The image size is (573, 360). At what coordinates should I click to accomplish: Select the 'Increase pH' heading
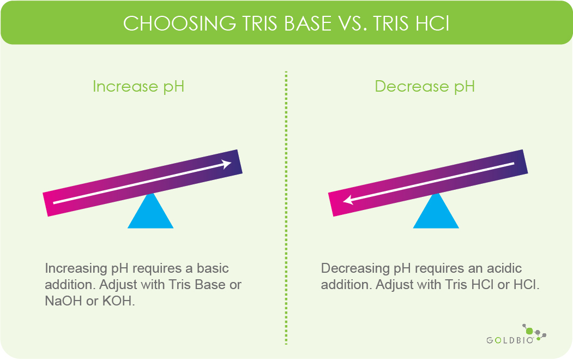click(x=138, y=87)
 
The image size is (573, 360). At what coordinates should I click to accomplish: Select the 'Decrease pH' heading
click(x=425, y=87)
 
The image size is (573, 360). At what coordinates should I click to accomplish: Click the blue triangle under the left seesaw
click(x=150, y=213)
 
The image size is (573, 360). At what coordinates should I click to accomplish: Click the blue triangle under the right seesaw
click(x=436, y=213)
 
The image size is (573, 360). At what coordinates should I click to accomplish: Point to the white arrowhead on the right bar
click(x=348, y=201)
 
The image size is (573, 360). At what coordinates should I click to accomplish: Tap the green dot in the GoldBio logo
click(x=528, y=331)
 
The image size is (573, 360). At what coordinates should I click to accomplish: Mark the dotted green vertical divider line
click(x=286, y=207)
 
